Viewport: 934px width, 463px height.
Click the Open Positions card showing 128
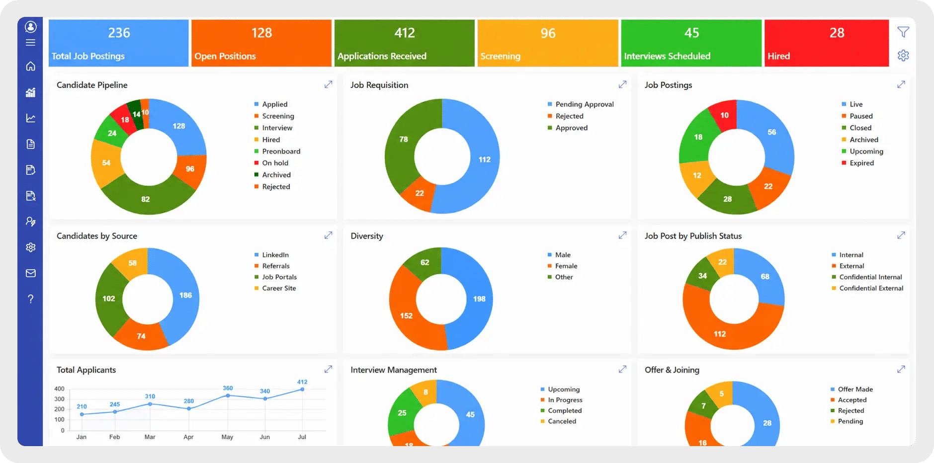[261, 43]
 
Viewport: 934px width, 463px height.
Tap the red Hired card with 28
[826, 43]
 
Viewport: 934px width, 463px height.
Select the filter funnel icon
[903, 32]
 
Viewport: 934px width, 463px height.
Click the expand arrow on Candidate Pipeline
[328, 84]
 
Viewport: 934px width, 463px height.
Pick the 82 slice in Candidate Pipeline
[146, 199]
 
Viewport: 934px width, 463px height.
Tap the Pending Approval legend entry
[581, 104]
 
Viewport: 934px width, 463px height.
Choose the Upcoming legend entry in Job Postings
[862, 152]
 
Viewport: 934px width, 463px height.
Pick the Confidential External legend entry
[867, 288]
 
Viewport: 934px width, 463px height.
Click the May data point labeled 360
[228, 395]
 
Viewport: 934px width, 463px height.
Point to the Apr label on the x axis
[188, 437]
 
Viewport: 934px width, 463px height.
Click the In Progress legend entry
[561, 400]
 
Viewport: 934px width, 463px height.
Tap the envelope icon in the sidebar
[31, 273]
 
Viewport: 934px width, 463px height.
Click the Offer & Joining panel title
[672, 370]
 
